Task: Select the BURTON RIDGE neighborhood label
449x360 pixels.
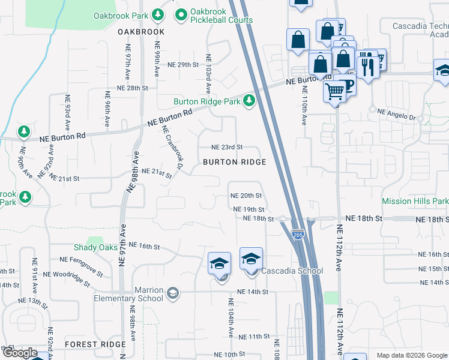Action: coord(234,162)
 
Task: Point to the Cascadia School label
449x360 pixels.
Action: coord(292,271)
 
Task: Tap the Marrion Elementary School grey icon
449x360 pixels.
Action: coord(173,293)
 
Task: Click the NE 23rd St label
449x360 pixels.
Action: coord(228,147)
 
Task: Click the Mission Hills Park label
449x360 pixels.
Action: coord(415,201)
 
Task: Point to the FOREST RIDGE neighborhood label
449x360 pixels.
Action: coord(95,344)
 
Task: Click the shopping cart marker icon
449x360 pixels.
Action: coord(334,91)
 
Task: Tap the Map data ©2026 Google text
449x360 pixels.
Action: coord(411,355)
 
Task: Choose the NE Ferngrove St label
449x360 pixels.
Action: coord(82,259)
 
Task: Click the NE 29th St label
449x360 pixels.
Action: coord(182,65)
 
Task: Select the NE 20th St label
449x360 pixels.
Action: coord(247,196)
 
